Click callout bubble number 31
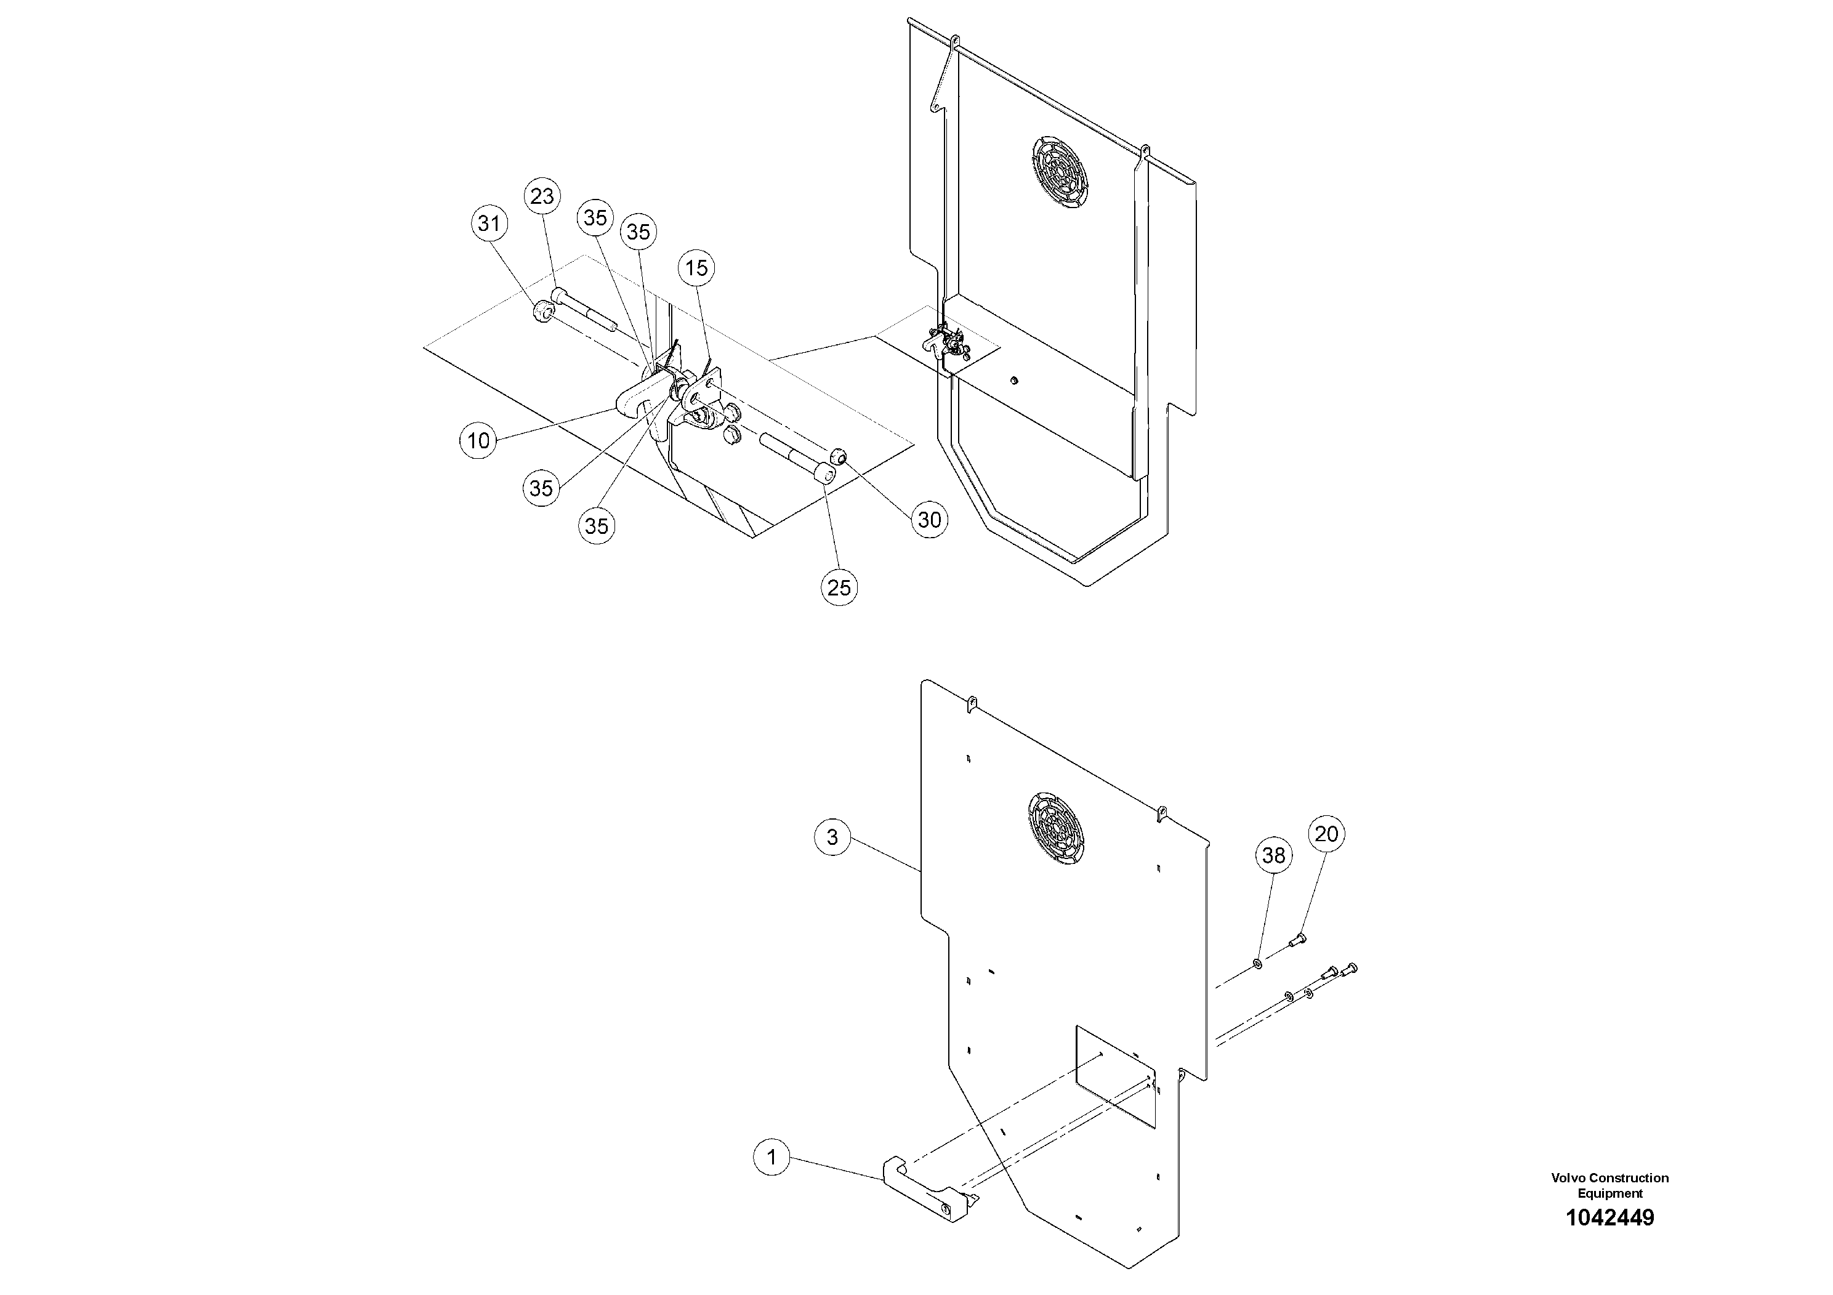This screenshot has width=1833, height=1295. click(x=489, y=224)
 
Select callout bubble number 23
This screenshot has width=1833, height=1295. click(x=542, y=196)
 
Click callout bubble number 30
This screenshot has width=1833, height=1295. click(x=929, y=520)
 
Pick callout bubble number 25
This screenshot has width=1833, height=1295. click(x=838, y=587)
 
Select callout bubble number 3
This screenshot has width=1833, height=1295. click(x=832, y=837)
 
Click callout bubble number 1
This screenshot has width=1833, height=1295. click(x=771, y=1157)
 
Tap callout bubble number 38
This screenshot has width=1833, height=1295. click(x=1273, y=855)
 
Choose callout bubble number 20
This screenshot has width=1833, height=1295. click(x=1326, y=834)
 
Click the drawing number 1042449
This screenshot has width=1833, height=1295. click(x=1609, y=1217)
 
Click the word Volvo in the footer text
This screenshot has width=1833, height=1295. click(x=1567, y=1177)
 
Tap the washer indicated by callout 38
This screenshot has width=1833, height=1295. click(x=1258, y=964)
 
